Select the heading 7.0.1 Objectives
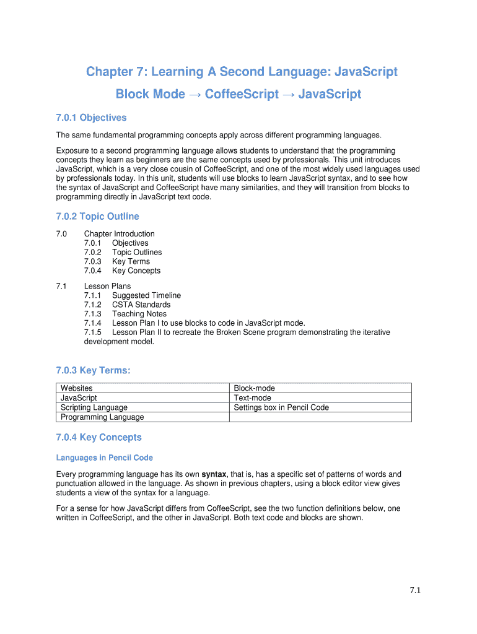91,118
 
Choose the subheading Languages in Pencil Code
104,458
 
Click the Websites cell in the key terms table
77,388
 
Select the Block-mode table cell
254,388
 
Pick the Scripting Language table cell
94,407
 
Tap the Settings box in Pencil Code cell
281,407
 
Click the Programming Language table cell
102,417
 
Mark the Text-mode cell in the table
252,397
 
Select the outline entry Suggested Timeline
146,295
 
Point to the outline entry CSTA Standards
141,305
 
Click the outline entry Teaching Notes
139,314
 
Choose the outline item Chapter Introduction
120,233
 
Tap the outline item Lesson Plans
107,286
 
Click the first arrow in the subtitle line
195,95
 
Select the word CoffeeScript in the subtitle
242,94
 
